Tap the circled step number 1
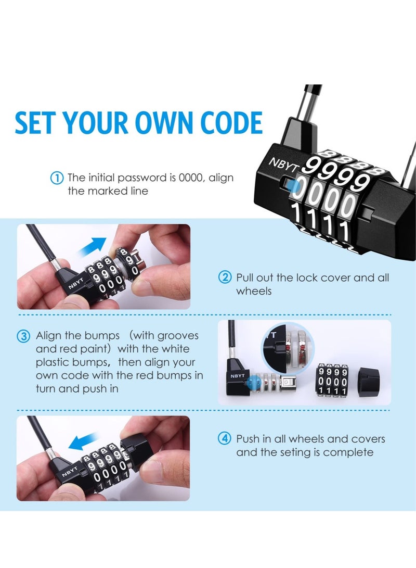coord(57,178)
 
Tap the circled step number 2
coord(224,277)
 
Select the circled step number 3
coord(24,336)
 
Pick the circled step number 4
coord(224,439)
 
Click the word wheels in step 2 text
coord(254,291)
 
